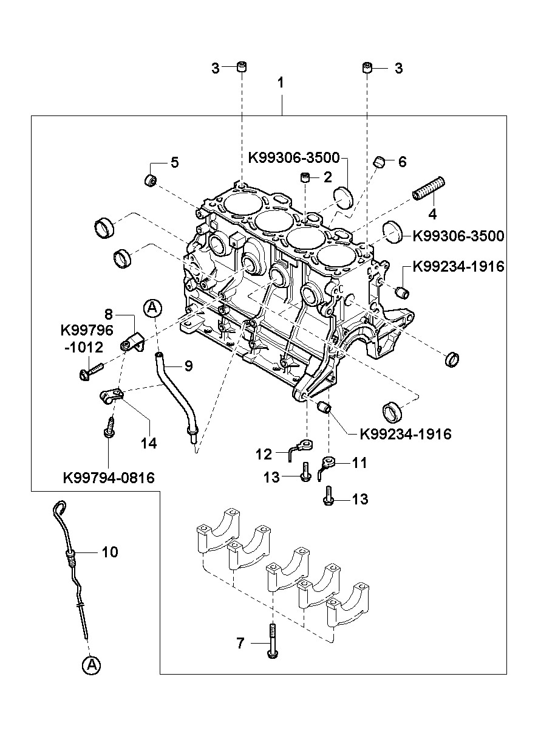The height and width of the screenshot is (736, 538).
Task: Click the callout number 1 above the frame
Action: [281, 83]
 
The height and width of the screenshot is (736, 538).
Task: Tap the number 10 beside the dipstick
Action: [110, 552]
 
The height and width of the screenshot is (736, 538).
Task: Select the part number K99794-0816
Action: [109, 478]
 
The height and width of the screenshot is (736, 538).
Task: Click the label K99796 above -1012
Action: [87, 330]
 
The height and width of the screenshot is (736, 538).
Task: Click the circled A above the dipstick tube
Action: [152, 308]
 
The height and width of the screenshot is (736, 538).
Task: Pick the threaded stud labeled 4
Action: [428, 188]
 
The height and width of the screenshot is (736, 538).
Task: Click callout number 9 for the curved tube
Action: [188, 365]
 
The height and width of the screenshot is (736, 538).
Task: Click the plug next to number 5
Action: [151, 181]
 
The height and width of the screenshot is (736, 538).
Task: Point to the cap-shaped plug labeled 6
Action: [380, 162]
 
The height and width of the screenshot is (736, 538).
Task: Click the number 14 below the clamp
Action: [149, 443]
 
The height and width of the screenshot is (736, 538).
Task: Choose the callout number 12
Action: [264, 455]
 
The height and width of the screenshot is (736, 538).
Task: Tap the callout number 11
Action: [359, 463]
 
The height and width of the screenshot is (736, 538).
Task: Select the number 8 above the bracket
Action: [109, 314]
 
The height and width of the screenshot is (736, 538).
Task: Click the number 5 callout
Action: [175, 162]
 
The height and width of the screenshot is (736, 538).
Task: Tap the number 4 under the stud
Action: [433, 214]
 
